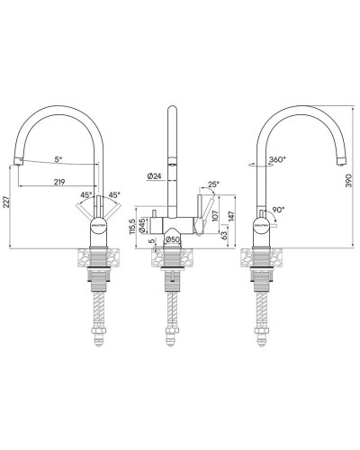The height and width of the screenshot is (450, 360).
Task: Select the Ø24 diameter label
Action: [152, 176]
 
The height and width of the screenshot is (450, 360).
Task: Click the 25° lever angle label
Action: [212, 184]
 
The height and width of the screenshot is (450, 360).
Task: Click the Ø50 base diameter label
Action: [173, 241]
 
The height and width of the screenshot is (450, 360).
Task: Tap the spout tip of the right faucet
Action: [343, 162]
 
